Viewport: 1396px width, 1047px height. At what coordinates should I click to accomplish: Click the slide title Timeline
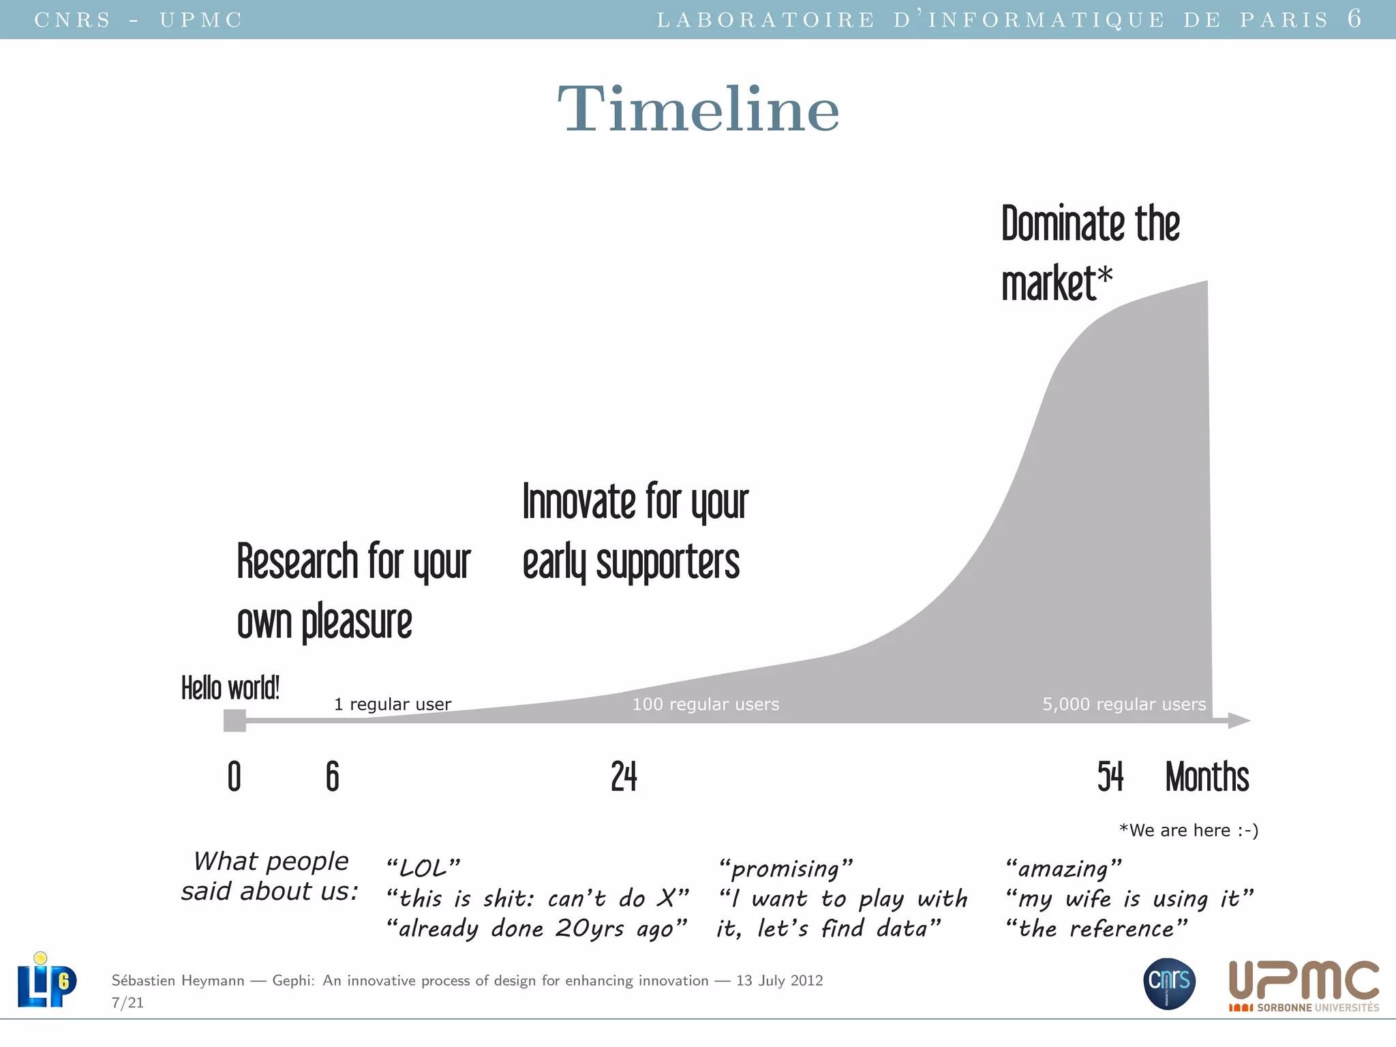click(x=698, y=109)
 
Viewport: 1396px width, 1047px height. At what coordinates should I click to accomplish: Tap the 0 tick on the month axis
click(x=234, y=776)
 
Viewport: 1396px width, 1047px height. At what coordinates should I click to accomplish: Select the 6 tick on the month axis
click(x=333, y=776)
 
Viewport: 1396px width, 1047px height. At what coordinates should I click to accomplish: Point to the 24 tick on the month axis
click(x=624, y=776)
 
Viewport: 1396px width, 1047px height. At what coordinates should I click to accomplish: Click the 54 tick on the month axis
click(x=1110, y=776)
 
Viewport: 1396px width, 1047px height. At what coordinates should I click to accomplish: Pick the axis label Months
click(x=1207, y=776)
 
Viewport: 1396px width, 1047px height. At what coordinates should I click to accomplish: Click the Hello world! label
click(x=230, y=688)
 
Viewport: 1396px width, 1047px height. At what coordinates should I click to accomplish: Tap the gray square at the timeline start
click(x=234, y=720)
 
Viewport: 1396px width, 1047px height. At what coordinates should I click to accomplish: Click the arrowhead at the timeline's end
click(x=1239, y=720)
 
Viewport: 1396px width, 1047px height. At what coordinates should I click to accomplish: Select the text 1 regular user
click(x=393, y=704)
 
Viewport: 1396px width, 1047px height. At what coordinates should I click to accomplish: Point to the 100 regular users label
click(x=705, y=704)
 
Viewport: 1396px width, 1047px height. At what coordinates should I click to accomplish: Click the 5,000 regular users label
click(x=1124, y=704)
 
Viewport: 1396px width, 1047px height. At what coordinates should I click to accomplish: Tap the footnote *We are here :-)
click(x=1189, y=830)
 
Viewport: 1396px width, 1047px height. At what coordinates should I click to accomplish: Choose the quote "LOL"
click(x=423, y=868)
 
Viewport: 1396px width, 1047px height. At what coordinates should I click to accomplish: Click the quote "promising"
click(x=785, y=868)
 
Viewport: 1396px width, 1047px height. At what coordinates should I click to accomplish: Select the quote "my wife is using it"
click(x=1129, y=899)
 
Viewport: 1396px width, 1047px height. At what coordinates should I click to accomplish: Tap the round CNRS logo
click(x=1169, y=983)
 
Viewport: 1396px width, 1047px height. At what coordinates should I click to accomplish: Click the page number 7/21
click(x=127, y=1003)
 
